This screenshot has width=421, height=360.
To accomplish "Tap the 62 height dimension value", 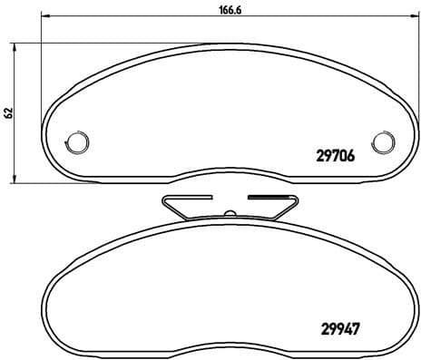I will [x=9, y=112].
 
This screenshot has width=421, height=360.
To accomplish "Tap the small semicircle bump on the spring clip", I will [x=230, y=215].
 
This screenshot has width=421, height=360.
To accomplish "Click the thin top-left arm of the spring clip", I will [x=186, y=196].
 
